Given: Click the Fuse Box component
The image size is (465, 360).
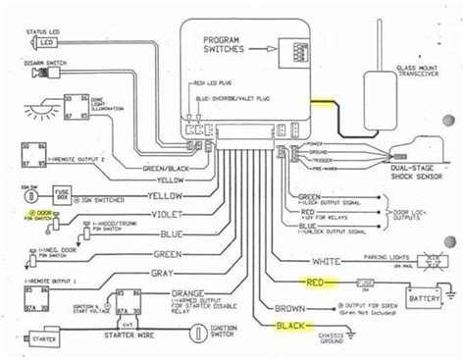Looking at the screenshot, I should pos(62,195).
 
